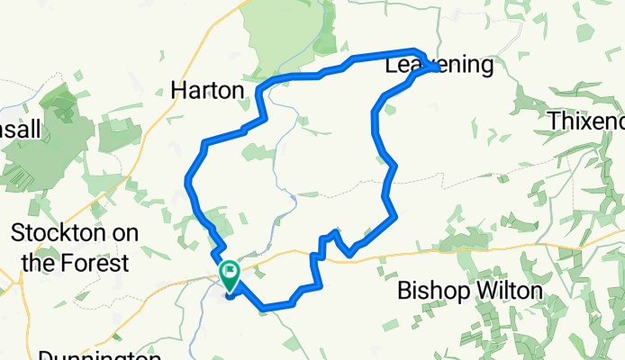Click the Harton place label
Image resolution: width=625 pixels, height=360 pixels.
click(x=207, y=91)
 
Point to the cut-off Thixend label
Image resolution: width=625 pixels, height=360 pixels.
click(x=586, y=121)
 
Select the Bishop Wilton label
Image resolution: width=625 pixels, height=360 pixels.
click(x=470, y=291)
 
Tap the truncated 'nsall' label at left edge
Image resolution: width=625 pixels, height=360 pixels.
click(x=20, y=130)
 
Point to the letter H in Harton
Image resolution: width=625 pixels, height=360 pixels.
click(x=178, y=91)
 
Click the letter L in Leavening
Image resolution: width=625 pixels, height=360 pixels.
click(x=392, y=66)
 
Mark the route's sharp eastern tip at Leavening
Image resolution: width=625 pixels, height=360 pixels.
click(x=438, y=67)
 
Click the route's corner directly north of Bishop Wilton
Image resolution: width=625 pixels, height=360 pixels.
click(x=394, y=216)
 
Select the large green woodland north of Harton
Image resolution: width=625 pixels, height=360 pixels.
click(x=284, y=36)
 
